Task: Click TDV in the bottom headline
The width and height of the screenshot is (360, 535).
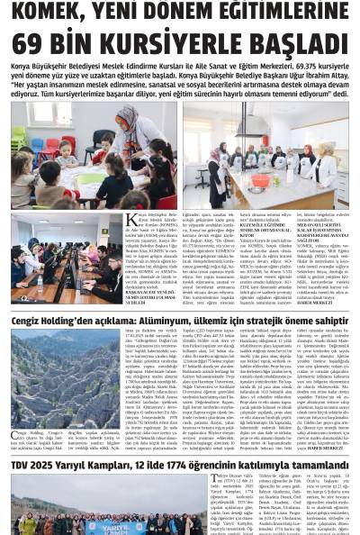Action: (22, 440)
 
